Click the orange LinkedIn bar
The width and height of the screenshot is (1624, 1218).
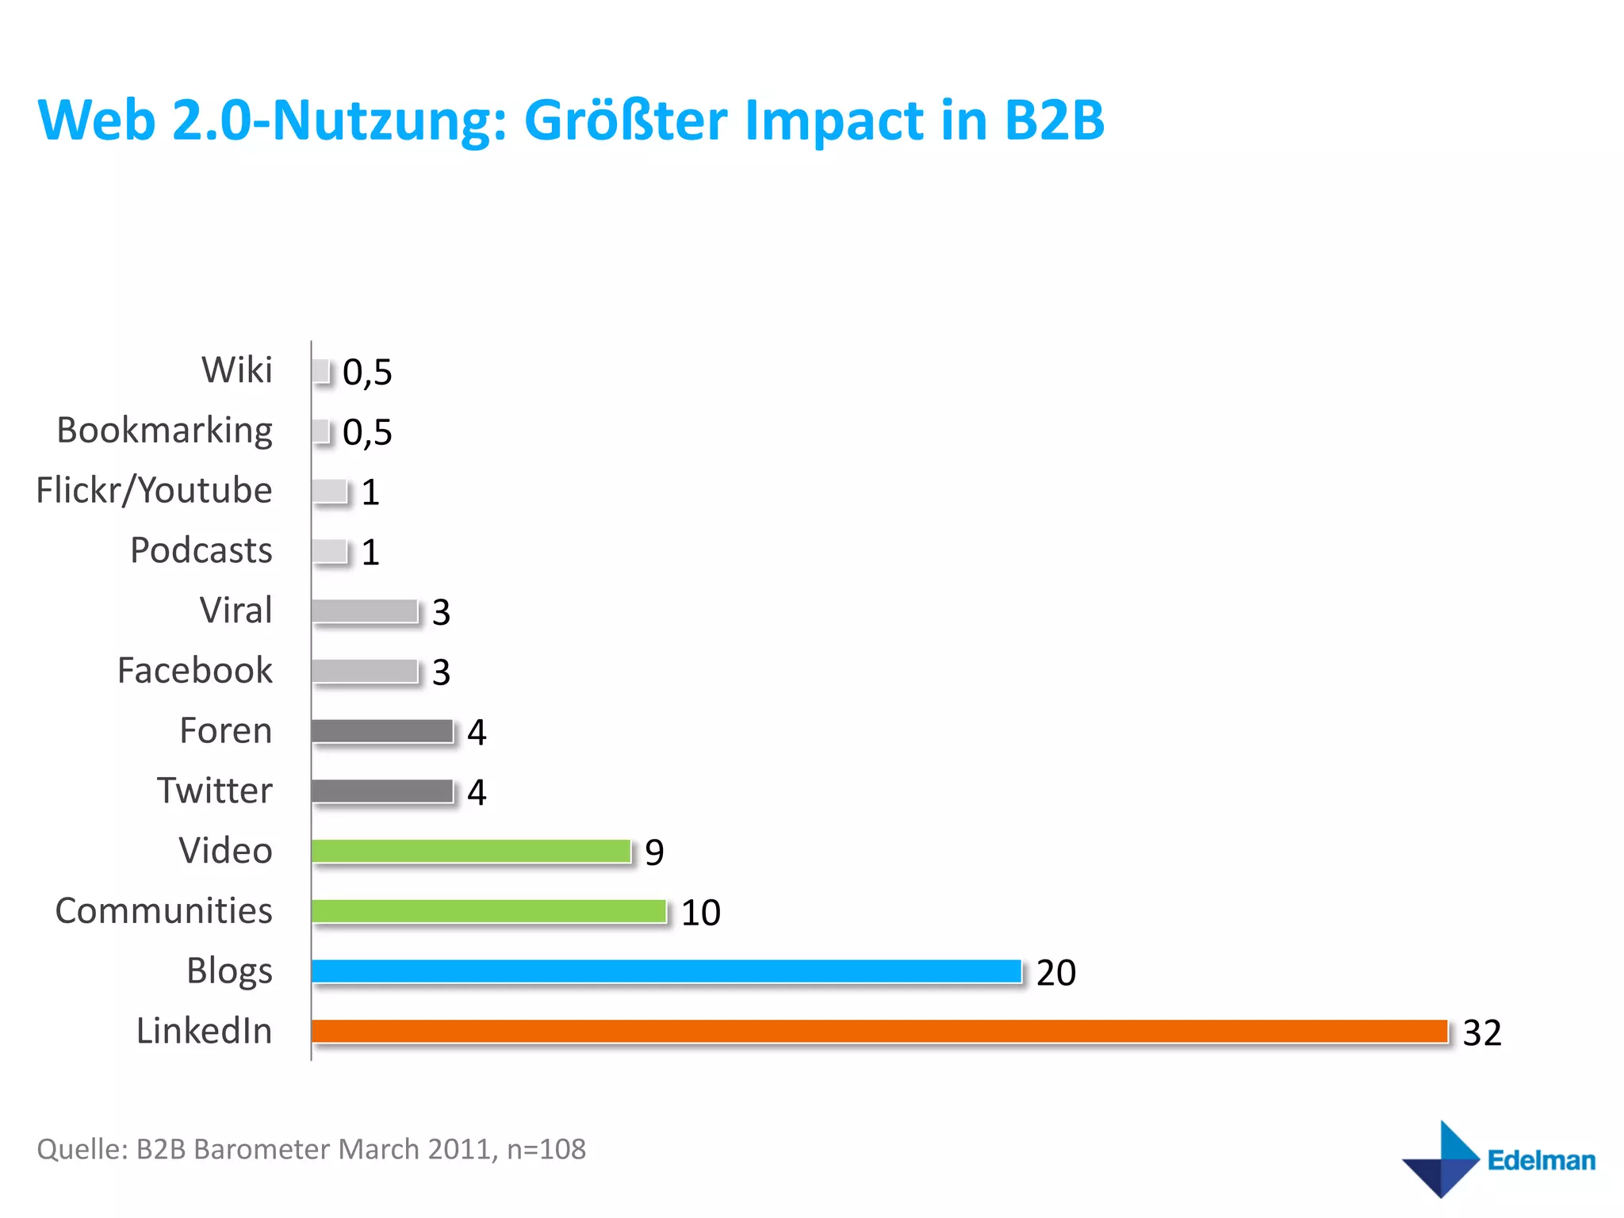pyautogui.click(x=879, y=1031)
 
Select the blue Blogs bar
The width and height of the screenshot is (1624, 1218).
pyautogui.click(x=666, y=971)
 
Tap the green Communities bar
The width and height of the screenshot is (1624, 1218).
pyautogui.click(x=488, y=911)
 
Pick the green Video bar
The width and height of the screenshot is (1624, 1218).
pyautogui.click(x=471, y=851)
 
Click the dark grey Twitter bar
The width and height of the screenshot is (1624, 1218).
pyautogui.click(x=382, y=791)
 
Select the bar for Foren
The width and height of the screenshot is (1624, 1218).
pyautogui.click(x=382, y=730)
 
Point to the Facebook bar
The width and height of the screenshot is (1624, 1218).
pyautogui.click(x=365, y=671)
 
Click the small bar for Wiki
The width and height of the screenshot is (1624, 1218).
pyautogui.click(x=320, y=370)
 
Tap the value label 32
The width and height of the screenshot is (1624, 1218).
pyautogui.click(x=1481, y=1032)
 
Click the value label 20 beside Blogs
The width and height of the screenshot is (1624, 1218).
pyautogui.click(x=1055, y=972)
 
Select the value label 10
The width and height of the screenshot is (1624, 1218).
pyautogui.click(x=700, y=913)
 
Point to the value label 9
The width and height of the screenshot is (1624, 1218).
pyautogui.click(x=654, y=852)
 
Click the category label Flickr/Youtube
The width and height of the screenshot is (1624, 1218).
pyautogui.click(x=154, y=490)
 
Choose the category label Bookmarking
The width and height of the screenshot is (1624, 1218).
pyautogui.click(x=164, y=431)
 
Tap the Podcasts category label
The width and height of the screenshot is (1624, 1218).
pyautogui.click(x=201, y=550)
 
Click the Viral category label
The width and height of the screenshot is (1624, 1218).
pyautogui.click(x=236, y=611)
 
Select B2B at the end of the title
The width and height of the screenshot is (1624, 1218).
pyautogui.click(x=1054, y=121)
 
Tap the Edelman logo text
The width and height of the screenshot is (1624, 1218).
pyautogui.click(x=1541, y=1160)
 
